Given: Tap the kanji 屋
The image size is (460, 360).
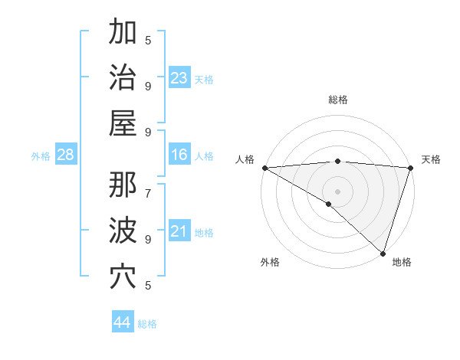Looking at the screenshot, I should [x=123, y=123].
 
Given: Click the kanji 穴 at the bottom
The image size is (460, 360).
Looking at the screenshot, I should [x=123, y=277].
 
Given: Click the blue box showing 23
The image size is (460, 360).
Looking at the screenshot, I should [x=179, y=78].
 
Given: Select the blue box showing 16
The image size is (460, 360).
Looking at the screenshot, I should [x=179, y=155].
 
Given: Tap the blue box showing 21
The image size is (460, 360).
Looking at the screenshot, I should [x=179, y=231].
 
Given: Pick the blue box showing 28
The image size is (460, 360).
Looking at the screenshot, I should [x=66, y=155].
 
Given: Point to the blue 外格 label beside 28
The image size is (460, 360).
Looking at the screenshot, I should [x=41, y=156].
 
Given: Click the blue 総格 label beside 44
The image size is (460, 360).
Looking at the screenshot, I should [x=147, y=324].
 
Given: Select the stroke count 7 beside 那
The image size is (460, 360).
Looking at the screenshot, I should [x=147, y=185].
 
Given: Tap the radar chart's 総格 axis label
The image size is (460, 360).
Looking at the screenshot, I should [x=337, y=100].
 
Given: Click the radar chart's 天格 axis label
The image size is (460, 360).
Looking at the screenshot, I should [x=431, y=159].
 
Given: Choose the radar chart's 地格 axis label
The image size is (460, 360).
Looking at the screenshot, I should [x=402, y=262].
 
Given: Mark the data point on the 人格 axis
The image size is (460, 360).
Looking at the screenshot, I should [x=264, y=168].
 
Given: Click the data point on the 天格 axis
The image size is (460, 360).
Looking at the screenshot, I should [x=410, y=168].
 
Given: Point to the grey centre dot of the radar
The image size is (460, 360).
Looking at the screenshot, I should [x=337, y=191].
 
